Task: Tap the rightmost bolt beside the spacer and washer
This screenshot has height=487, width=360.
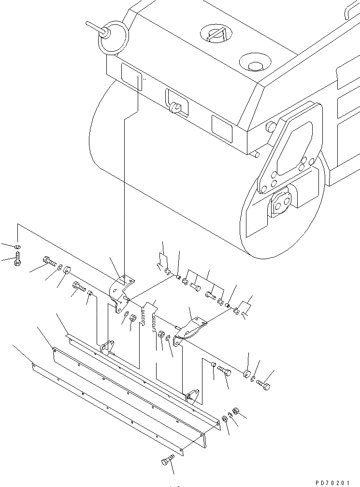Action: point(264,385)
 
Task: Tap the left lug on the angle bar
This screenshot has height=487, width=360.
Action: point(107,347)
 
